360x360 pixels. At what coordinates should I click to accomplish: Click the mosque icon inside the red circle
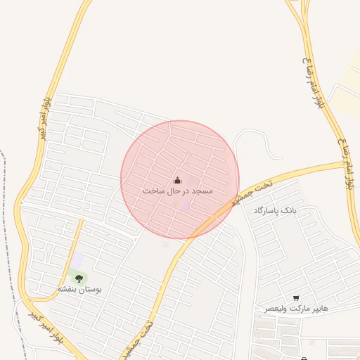tap(177, 180)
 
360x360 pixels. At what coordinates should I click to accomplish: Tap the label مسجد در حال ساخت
tap(177, 191)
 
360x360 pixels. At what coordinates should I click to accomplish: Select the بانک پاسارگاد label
tap(275, 210)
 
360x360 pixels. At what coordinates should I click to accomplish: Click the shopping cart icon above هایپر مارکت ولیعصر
tap(296, 298)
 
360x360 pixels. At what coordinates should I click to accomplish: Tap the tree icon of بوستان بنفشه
tap(78, 278)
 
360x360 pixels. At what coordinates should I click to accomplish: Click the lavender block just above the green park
tap(77, 259)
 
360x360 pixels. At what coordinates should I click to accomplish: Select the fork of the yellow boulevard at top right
tap(304, 21)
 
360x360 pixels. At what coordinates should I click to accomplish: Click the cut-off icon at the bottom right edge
tap(305, 357)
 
